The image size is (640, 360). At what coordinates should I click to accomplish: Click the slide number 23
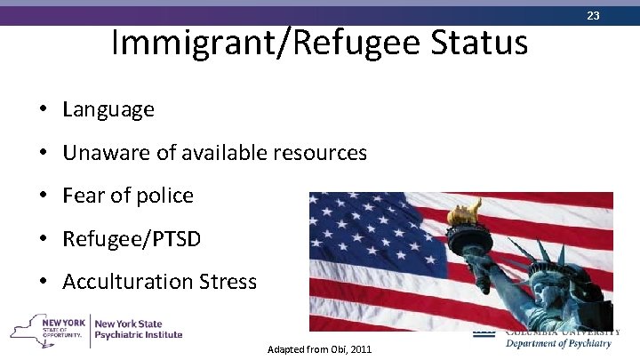tap(618, 16)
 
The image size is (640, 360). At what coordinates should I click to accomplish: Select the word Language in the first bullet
tap(108, 109)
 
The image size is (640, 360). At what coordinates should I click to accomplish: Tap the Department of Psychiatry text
tap(558, 343)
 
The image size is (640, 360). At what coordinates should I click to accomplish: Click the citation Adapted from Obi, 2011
tap(319, 349)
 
